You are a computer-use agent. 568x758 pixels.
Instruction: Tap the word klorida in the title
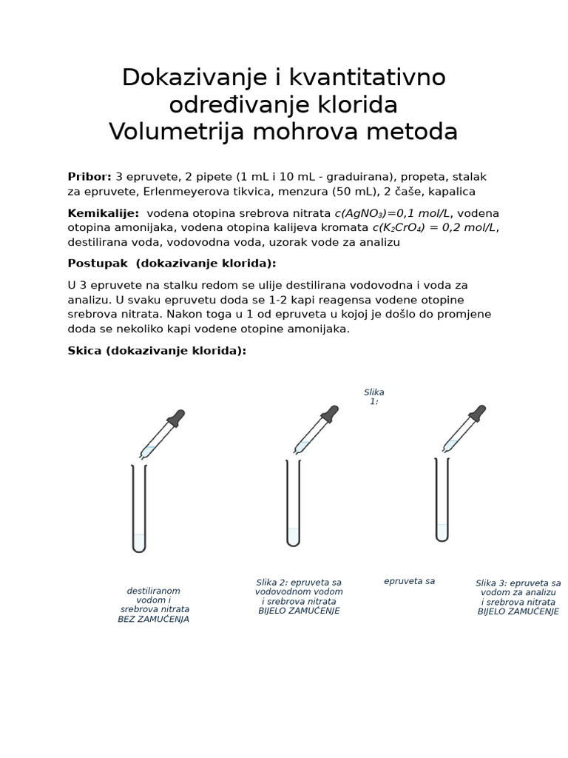pos(348,104)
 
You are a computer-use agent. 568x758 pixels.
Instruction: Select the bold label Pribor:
pos(89,177)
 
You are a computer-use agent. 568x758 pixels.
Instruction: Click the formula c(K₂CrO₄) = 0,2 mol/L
pos(434,227)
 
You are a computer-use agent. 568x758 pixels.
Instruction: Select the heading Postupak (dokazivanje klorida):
pos(172,264)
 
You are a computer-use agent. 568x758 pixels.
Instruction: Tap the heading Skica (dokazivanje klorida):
pos(157,350)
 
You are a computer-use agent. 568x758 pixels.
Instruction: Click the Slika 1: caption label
pos(374,397)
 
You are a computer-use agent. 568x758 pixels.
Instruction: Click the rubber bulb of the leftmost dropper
pos(176,418)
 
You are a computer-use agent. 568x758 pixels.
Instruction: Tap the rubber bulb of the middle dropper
pos(330,414)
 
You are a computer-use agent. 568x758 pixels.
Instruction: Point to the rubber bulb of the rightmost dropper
pos(478,413)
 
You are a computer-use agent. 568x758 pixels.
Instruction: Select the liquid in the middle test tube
pos(294,537)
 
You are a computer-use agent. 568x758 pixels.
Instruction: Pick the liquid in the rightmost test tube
pos(442,532)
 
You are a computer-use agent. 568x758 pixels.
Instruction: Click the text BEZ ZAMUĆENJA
pos(154,620)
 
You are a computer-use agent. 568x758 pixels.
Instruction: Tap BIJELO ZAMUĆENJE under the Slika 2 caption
pos(299,611)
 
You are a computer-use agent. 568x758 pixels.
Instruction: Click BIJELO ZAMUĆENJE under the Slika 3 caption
pos(518,612)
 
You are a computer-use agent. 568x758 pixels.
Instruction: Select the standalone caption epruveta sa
pos(409,582)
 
